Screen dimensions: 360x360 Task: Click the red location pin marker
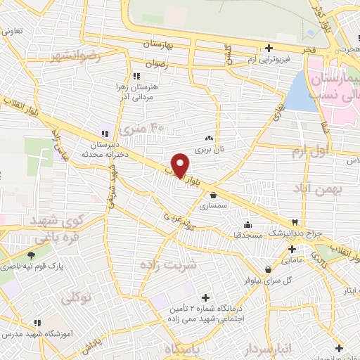pos(181,165)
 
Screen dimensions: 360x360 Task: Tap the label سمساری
pos(212,207)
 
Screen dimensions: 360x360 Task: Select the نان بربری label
pos(208,150)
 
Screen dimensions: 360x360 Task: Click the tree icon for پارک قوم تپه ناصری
pos(32,255)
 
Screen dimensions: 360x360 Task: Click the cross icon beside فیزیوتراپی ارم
pos(269,48)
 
